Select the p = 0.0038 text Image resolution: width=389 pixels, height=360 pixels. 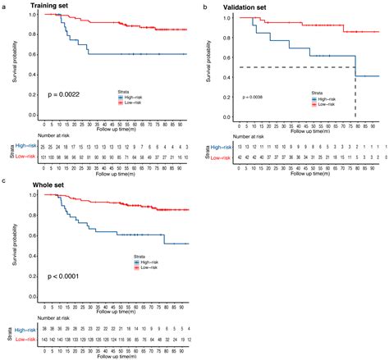(254, 98)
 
